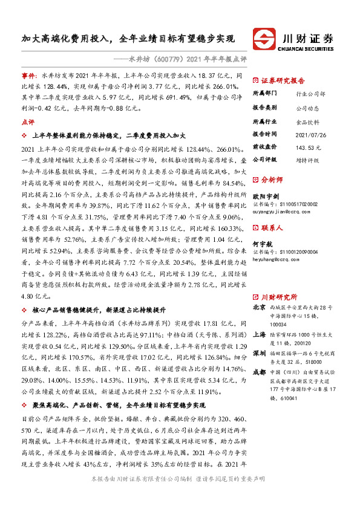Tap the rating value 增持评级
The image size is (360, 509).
tap(308, 160)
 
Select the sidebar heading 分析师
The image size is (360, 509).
tap(272, 180)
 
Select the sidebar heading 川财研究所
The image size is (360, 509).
tap(279, 297)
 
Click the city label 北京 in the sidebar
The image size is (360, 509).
tap(258, 307)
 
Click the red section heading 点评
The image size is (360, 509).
tap(27, 122)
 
